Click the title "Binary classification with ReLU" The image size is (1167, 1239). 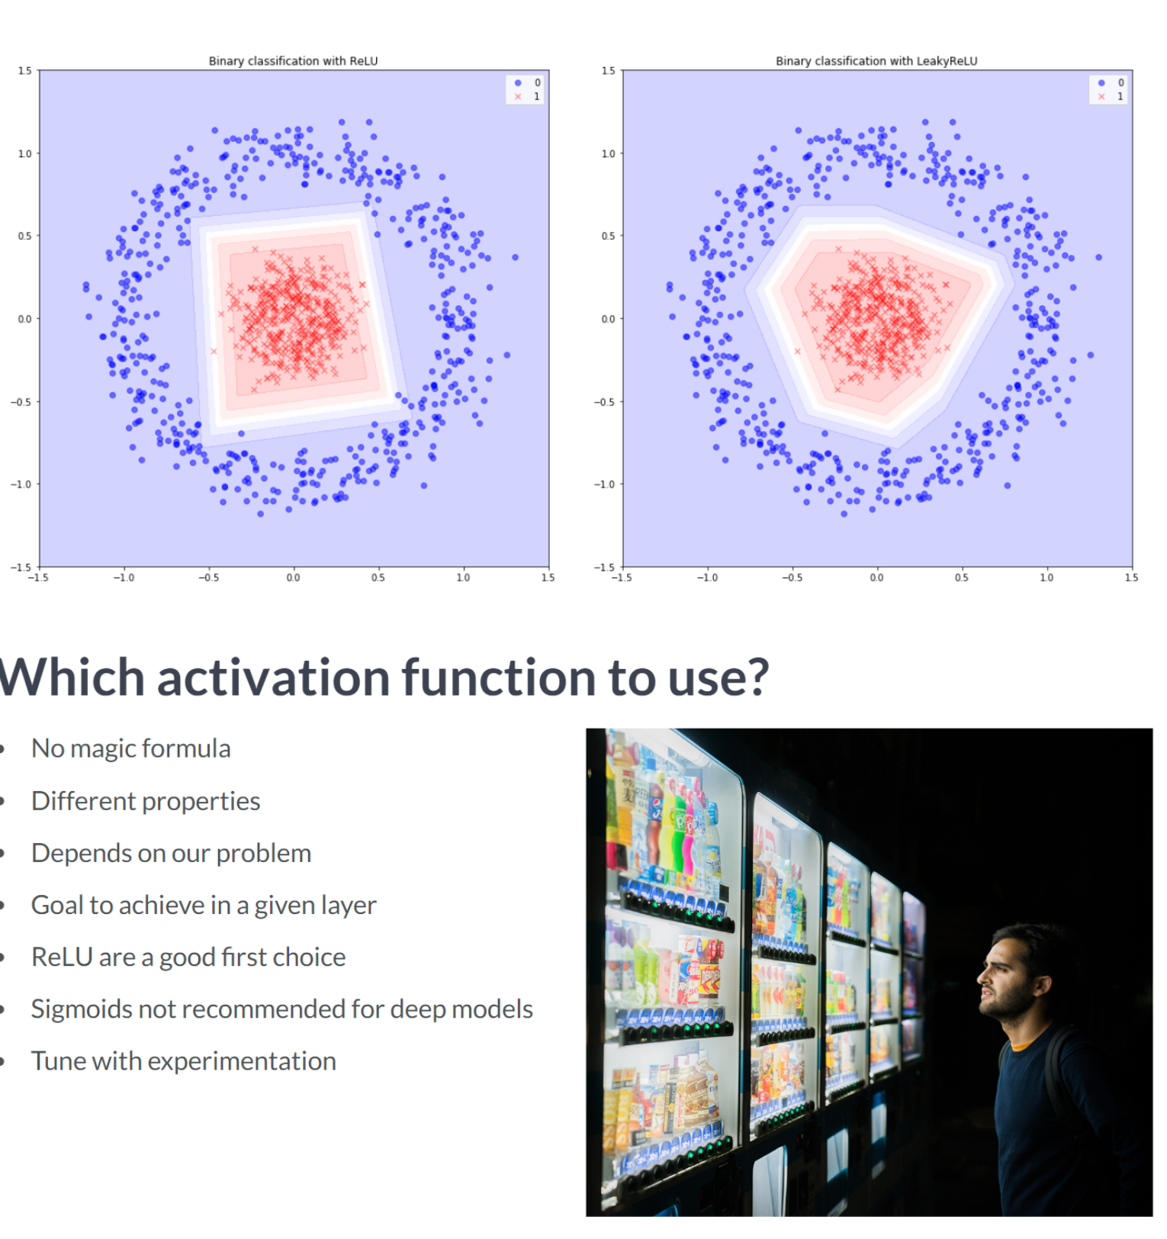[293, 61]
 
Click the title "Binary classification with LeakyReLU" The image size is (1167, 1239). [876, 61]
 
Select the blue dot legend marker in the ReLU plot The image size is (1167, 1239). [518, 82]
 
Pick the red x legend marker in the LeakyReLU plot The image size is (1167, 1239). [1101, 96]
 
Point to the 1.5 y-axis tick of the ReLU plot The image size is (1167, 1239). [25, 71]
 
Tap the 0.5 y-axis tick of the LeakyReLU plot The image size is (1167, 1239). [608, 236]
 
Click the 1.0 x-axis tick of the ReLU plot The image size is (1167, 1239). [463, 578]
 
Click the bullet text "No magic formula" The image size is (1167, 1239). [130, 748]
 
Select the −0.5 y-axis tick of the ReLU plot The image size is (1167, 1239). [21, 402]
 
